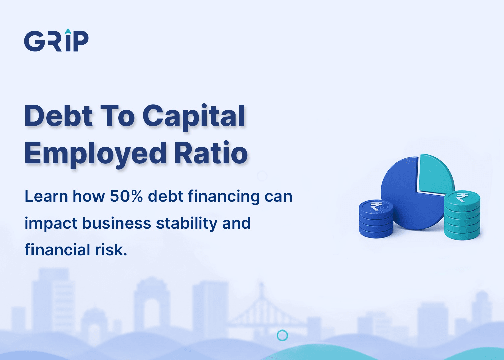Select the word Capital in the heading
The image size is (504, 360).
coord(194,117)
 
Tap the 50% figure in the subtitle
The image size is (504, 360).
coord(126,196)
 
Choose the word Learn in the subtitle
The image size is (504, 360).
coord(46,196)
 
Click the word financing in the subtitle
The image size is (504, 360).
coord(224,197)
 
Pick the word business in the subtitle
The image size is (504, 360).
coord(117,223)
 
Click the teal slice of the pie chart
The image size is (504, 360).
coord(434,174)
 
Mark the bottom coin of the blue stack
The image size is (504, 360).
coord(376,233)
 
